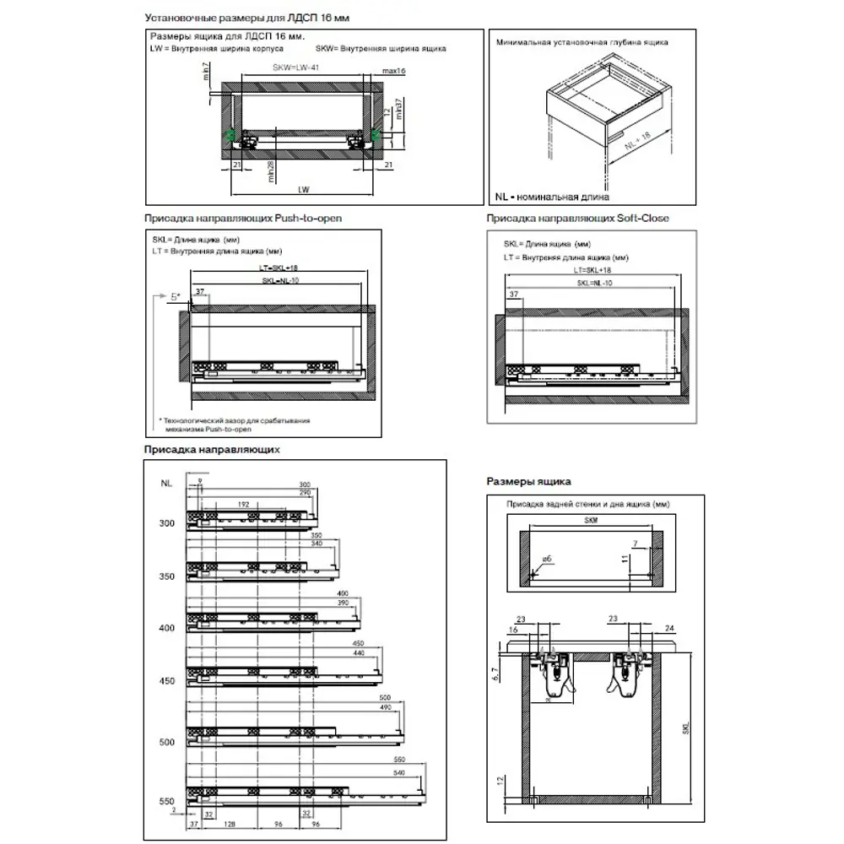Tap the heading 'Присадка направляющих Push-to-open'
[x=242, y=218]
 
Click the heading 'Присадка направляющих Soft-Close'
[x=577, y=218]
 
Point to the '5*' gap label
[x=175, y=297]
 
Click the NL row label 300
[x=165, y=523]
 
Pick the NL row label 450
[x=165, y=680]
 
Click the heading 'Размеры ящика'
[x=528, y=481]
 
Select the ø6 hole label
[x=546, y=560]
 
